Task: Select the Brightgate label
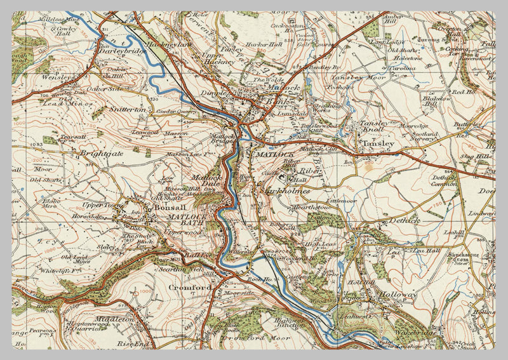(x=101, y=153)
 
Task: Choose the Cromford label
(x=190, y=288)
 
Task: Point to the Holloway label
(x=397, y=295)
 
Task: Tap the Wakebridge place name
(x=417, y=332)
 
